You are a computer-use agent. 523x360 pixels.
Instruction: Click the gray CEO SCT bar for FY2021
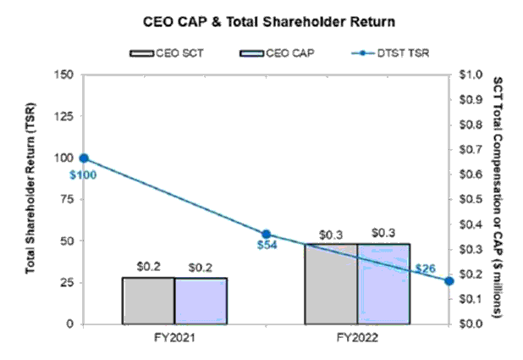point(149,301)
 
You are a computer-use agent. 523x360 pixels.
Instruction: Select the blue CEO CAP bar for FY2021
point(201,301)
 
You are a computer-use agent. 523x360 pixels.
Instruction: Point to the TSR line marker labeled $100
point(85,158)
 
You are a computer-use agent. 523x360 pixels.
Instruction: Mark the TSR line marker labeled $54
point(266,235)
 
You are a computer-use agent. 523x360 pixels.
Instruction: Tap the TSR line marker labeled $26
point(449,281)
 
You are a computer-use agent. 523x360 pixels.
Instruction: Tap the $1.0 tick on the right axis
point(467,75)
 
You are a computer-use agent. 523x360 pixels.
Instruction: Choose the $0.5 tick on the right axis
point(467,199)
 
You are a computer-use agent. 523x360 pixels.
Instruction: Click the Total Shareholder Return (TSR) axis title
point(30,199)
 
